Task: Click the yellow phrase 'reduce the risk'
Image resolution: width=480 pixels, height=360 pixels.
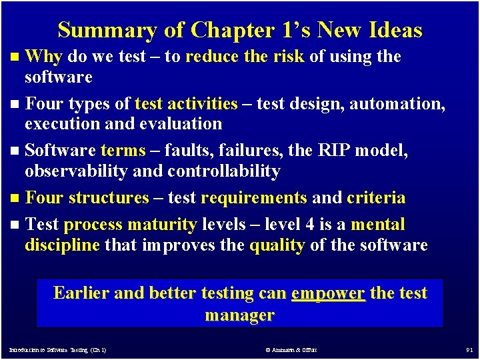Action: click(x=245, y=57)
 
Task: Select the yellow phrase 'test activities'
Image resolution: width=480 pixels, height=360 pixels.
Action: click(x=186, y=104)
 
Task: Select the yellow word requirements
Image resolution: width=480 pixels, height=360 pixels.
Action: click(x=254, y=198)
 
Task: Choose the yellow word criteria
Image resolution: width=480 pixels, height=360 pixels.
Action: click(x=376, y=198)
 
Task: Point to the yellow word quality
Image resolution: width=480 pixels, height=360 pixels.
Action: click(x=277, y=245)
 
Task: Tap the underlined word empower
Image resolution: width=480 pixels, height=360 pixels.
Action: click(x=328, y=293)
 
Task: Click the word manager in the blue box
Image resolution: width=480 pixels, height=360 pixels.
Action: click(x=239, y=315)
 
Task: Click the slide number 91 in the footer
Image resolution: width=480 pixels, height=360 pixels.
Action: click(x=469, y=349)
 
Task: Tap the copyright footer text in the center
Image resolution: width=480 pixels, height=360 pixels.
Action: click(x=291, y=349)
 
